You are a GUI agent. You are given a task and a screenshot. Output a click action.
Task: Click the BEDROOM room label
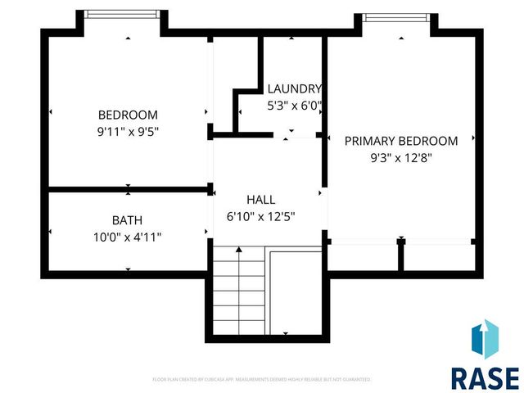[128, 115]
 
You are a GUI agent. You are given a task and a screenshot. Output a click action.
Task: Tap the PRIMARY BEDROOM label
[400, 141]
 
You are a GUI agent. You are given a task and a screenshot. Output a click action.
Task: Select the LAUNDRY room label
[295, 89]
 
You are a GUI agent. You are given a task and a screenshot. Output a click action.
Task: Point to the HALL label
[261, 200]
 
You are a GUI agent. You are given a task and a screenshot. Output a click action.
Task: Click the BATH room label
[128, 220]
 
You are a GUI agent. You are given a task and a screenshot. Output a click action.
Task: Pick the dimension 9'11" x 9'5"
[128, 132]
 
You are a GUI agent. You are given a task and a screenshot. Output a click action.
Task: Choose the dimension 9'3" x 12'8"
[400, 158]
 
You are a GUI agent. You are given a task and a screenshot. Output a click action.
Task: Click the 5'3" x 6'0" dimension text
[295, 106]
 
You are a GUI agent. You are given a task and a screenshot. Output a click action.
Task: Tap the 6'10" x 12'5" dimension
[261, 217]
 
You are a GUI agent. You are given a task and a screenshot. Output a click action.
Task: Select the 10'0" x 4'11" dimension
[128, 237]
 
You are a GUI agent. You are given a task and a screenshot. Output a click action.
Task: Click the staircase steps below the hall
[239, 291]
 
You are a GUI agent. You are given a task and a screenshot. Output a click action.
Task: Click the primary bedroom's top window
[395, 17]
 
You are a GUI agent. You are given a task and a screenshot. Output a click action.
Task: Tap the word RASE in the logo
[485, 377]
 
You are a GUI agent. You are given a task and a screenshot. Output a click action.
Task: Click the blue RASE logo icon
[485, 340]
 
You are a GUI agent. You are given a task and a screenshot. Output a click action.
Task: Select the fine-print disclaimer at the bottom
[262, 380]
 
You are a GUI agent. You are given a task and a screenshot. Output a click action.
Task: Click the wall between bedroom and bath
[129, 190]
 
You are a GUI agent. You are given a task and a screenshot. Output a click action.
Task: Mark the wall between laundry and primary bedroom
[323, 90]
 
